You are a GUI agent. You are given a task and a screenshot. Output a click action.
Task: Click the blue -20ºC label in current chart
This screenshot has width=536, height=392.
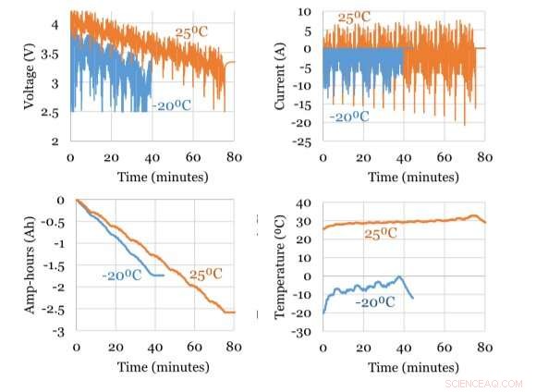pos(349,116)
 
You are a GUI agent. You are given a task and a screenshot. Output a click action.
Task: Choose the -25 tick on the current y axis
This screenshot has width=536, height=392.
pos(306,141)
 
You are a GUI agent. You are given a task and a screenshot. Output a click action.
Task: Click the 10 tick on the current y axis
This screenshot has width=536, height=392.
pos(308,13)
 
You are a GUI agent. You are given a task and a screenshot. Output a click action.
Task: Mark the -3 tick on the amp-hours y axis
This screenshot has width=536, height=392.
pos(60,331)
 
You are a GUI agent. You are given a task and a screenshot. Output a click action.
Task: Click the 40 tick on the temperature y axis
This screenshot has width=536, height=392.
pos(306,201)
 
